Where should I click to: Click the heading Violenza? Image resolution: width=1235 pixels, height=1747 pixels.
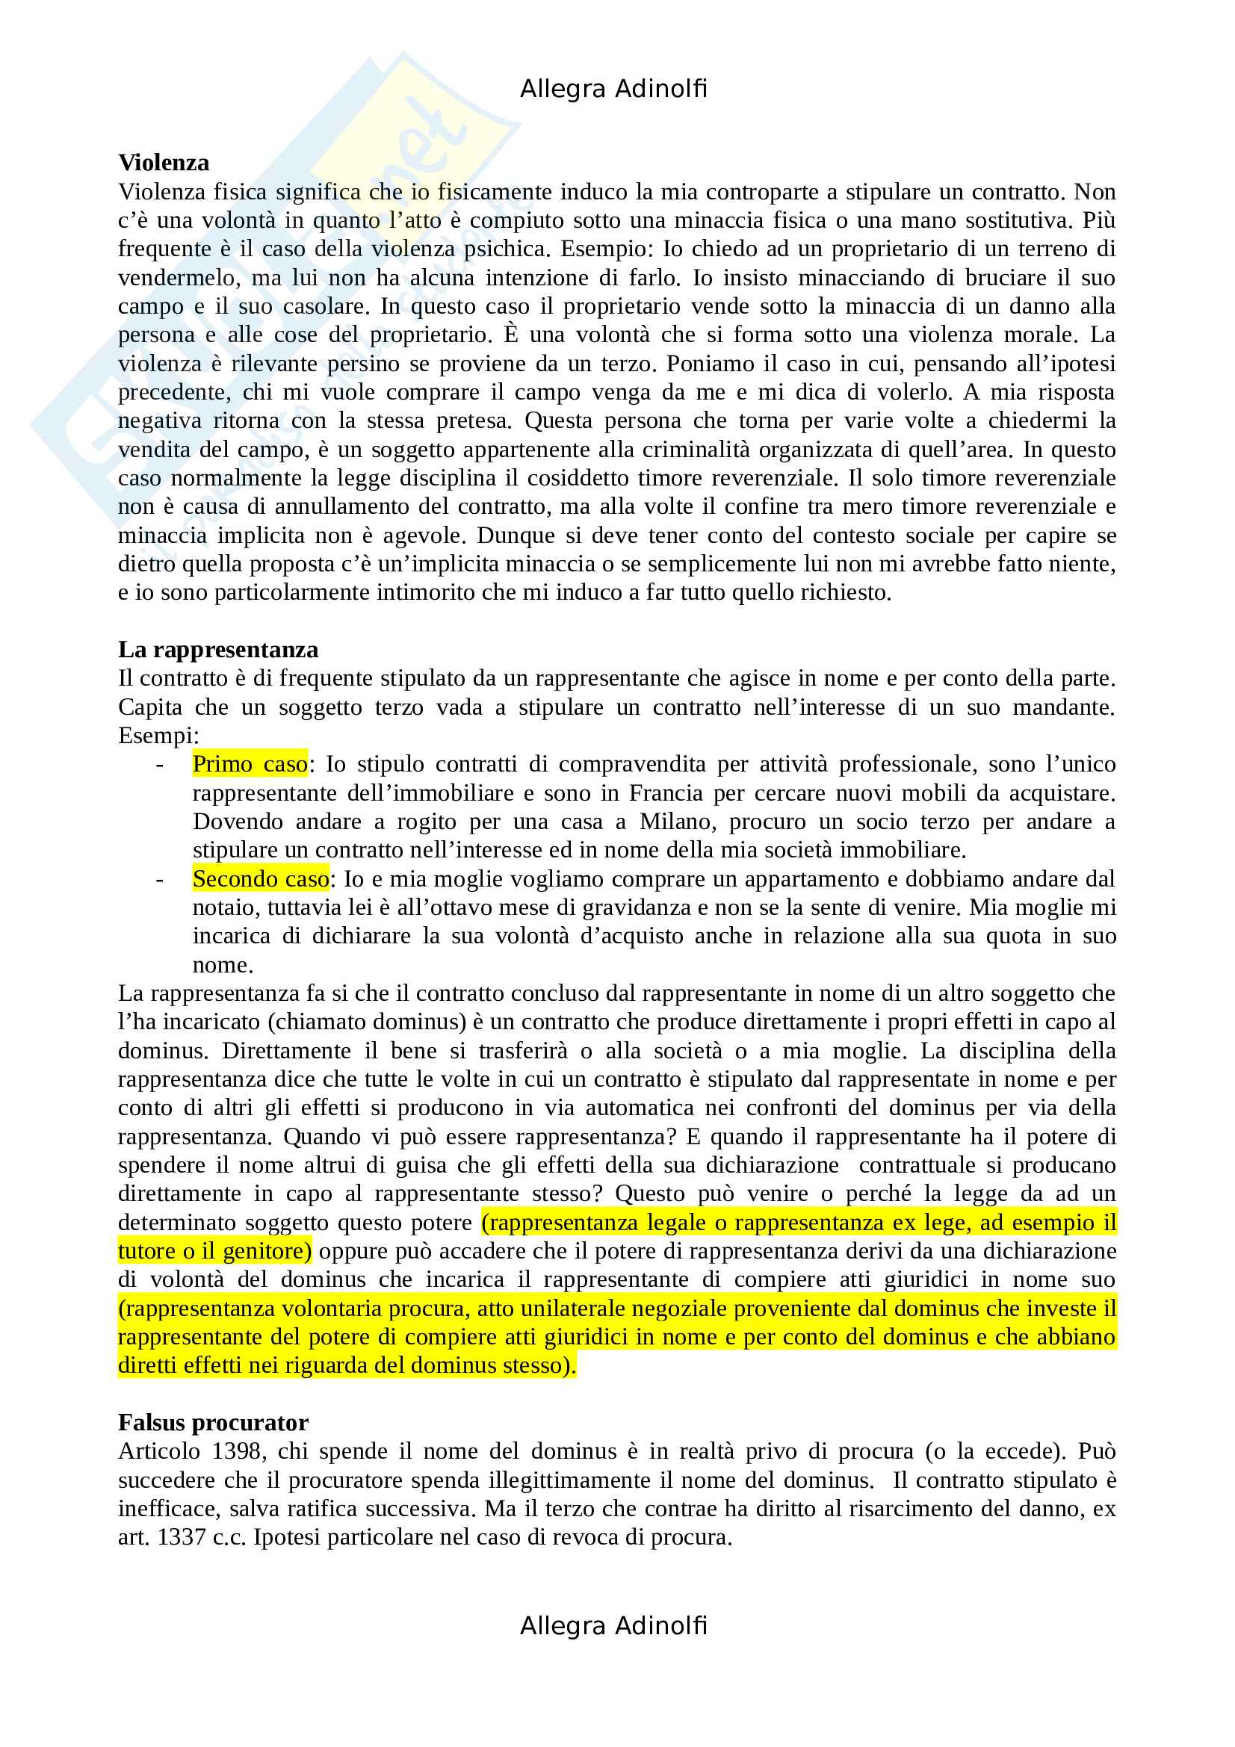[x=164, y=163]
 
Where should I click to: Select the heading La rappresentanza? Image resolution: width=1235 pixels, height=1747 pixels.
[x=217, y=650]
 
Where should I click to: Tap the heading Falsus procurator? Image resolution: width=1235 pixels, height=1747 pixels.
[x=213, y=1423]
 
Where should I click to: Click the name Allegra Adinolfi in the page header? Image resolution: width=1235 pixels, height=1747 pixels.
[x=613, y=89]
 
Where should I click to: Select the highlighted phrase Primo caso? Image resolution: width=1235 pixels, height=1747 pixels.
[x=250, y=764]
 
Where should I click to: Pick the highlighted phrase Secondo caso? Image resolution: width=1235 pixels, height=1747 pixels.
[x=260, y=879]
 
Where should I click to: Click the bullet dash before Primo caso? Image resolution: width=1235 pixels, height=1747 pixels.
[x=159, y=764]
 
